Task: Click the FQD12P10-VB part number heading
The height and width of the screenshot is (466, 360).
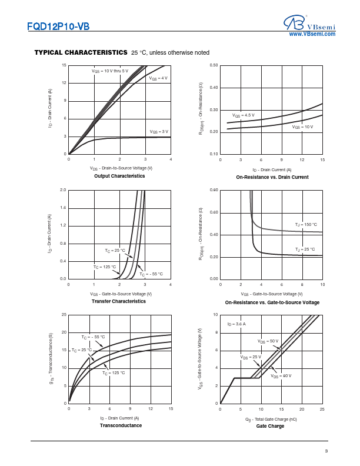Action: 58,26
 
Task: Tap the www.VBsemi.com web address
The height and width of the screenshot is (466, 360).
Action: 312,35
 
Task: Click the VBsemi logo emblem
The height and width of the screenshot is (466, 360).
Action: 292,23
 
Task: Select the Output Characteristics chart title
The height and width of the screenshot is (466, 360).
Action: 119,176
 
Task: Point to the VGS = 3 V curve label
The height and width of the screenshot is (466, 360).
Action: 159,131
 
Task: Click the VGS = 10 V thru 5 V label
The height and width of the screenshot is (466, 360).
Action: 109,71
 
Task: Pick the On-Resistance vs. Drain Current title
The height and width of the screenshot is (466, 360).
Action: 272,177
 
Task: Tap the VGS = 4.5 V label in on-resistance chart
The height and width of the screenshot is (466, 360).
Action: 244,115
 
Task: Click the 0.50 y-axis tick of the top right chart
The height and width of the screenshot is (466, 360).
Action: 214,65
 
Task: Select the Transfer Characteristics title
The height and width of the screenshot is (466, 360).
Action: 119,301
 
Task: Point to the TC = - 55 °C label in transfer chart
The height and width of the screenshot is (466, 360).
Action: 151,274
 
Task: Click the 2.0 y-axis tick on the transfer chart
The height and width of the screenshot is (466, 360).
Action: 63,190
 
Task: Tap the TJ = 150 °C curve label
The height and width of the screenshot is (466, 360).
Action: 306,224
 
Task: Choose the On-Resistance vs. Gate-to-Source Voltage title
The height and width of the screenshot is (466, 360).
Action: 272,302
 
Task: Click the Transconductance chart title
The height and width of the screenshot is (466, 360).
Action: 121,425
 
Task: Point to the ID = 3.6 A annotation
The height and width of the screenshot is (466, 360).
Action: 236,324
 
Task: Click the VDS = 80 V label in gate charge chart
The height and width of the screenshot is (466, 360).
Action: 281,375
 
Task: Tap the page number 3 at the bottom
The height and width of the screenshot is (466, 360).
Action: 326,451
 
